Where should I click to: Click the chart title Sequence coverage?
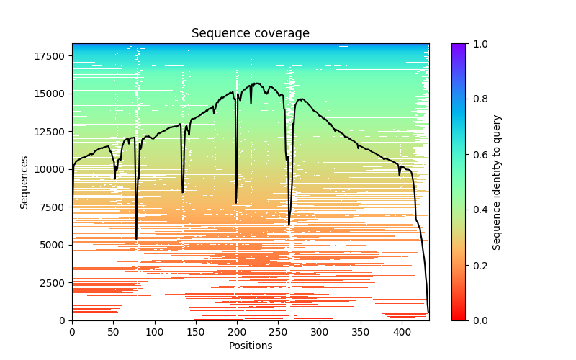pyautogui.click(x=250, y=34)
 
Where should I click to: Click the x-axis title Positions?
pyautogui.click(x=250, y=346)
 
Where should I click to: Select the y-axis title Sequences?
pyautogui.click(x=24, y=182)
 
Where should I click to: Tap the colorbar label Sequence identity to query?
pyautogui.click(x=497, y=182)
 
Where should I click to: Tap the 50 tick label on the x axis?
pyautogui.click(x=113, y=331)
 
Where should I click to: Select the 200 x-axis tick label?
pyautogui.click(x=237, y=331)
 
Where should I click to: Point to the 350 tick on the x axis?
pyautogui.click(x=361, y=331)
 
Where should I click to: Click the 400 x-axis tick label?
pyautogui.click(x=402, y=331)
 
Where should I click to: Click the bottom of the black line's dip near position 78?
pyautogui.click(x=136, y=239)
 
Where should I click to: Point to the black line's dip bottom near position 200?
pyautogui.click(x=236, y=203)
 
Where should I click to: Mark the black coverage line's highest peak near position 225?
pyautogui.click(x=257, y=84)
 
